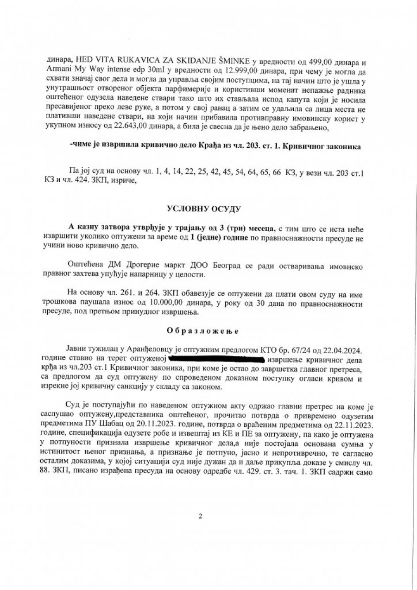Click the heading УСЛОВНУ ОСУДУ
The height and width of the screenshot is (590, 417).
[208, 210]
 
